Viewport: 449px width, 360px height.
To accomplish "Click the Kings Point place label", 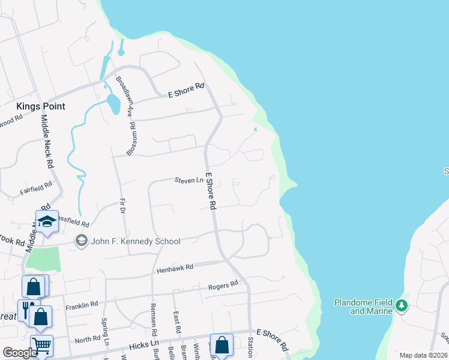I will [x=40, y=106].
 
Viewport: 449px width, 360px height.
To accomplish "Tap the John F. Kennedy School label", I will [x=135, y=241].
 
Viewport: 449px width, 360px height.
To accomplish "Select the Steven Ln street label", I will [x=185, y=180].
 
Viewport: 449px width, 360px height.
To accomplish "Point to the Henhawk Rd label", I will [x=175, y=267].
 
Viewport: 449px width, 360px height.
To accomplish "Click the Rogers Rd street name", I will [x=223, y=287].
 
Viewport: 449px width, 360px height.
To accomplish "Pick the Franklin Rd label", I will [x=82, y=305].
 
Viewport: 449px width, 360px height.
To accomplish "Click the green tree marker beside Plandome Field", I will [x=402, y=306].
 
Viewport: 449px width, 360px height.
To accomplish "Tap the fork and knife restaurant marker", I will [x=26, y=310].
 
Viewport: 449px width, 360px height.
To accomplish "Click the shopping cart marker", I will [x=41, y=345].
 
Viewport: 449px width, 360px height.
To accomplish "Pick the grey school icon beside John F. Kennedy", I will [x=80, y=241].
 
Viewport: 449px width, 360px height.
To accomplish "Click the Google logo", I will [x=20, y=353].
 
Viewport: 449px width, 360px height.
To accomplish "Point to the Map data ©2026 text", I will [x=423, y=355].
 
